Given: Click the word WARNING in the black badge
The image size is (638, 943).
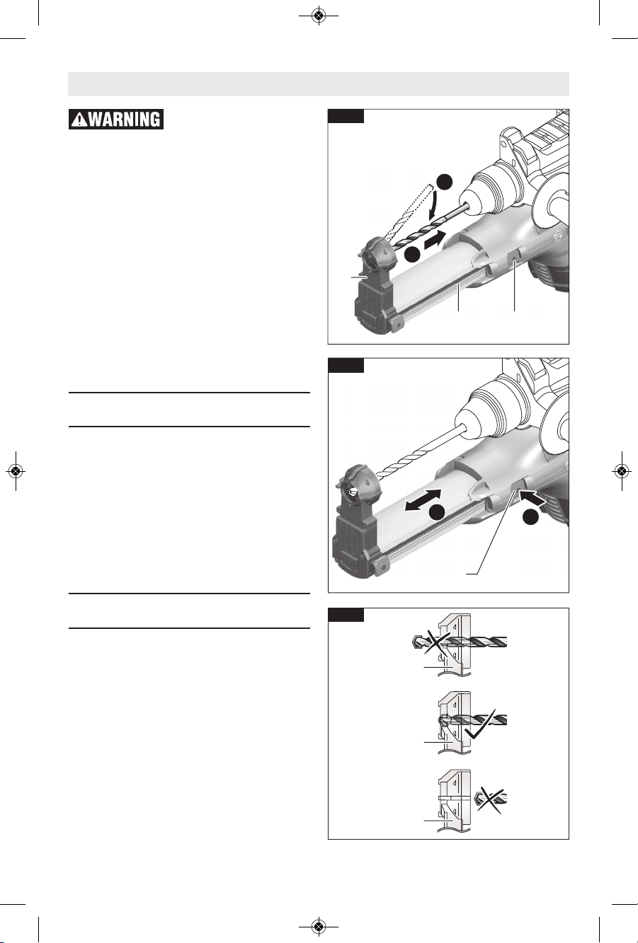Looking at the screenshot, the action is [125, 120].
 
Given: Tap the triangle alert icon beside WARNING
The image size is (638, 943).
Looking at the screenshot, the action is [79, 120].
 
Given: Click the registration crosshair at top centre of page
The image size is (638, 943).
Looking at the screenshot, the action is [319, 16].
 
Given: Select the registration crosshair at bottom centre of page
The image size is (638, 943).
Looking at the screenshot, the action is [319, 926].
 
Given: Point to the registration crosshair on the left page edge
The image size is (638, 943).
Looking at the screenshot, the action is [16, 471].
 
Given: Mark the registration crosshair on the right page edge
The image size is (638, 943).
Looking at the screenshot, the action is [622, 471].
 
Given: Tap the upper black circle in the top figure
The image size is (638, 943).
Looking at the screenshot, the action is [445, 182].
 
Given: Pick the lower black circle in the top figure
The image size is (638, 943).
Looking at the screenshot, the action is [411, 255].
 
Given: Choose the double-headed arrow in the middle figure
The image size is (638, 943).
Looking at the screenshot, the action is [423, 499].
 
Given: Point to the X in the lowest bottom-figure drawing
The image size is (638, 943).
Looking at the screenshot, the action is [489, 798].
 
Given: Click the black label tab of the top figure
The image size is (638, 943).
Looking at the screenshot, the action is [346, 116].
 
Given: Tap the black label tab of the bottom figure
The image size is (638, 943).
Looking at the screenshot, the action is [346, 615].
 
